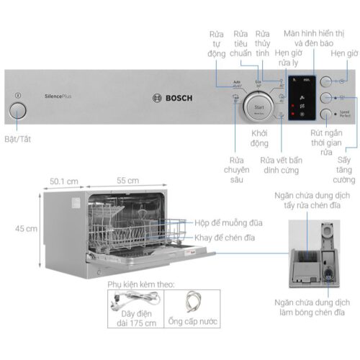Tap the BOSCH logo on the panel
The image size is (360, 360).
pos(172,100)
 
